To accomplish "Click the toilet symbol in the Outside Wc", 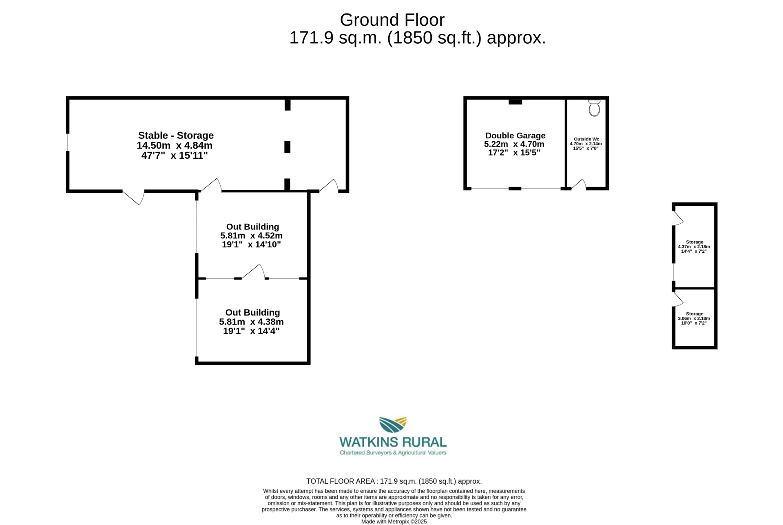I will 594,108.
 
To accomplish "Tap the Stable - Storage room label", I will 176,135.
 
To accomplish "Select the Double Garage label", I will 515,136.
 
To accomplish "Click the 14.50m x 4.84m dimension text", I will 175,145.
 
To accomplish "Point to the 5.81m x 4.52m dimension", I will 251,236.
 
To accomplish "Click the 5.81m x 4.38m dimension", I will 251,322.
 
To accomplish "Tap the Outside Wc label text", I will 586,139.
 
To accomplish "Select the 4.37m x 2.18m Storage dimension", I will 694,247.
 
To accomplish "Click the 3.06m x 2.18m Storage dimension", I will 694,318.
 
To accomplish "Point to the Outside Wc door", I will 579,185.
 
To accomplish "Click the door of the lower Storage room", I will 677,299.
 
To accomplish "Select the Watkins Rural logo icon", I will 393,425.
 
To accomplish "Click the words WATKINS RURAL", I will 393,442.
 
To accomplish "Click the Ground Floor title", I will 392,20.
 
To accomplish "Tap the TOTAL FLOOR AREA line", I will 394,481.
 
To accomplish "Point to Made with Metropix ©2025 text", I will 394,521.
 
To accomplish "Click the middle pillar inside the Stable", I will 288,147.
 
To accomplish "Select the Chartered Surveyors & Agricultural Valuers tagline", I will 393,453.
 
